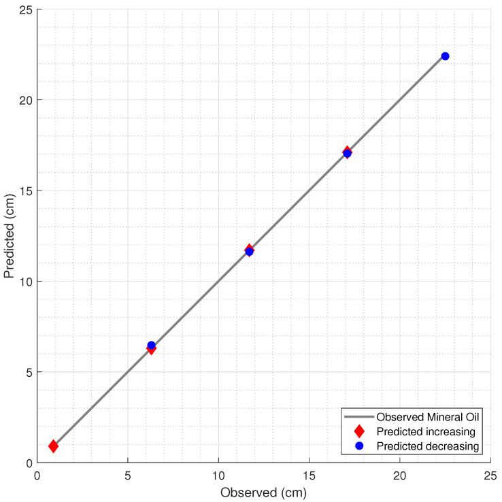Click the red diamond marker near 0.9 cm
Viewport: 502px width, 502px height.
(53, 446)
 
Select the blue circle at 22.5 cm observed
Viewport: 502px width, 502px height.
(445, 56)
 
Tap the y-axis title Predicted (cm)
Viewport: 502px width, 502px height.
(10, 236)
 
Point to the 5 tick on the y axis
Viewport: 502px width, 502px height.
(29, 372)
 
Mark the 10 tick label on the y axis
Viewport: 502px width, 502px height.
(26, 282)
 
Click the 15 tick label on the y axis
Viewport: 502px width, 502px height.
(26, 190)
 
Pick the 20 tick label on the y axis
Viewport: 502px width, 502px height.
(26, 100)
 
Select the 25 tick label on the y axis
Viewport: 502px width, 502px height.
(26, 10)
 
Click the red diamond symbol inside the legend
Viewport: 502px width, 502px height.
(359, 431)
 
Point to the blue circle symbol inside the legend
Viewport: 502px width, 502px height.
(359, 446)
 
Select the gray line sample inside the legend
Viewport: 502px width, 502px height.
(359, 417)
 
